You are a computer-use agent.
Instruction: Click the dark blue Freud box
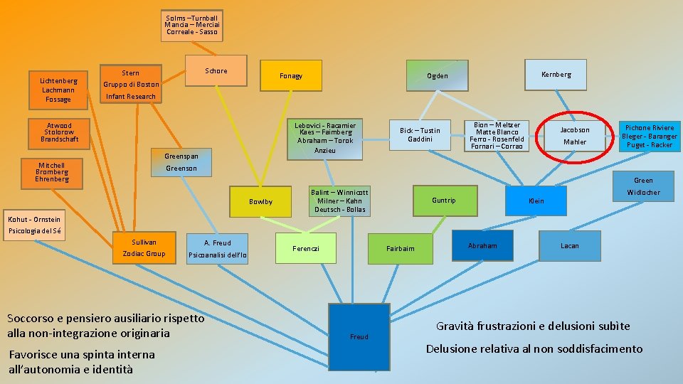pos(359,336)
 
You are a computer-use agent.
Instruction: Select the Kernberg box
pos(555,75)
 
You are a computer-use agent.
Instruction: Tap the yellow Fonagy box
pos(290,75)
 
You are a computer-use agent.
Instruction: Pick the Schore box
pos(216,71)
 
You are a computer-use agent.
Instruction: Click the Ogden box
pos(437,76)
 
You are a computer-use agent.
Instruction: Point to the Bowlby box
pos(260,202)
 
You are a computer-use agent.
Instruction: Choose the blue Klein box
pos(536,201)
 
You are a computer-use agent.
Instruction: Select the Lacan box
pos(569,246)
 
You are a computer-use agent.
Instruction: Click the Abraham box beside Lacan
pos(482,246)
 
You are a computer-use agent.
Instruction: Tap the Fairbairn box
pos(400,248)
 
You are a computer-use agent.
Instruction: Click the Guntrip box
pos(443,201)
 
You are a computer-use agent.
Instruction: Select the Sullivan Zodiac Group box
pos(144,248)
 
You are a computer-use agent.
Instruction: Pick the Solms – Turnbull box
pos(191,25)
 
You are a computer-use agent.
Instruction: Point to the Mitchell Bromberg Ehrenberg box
pos(51,172)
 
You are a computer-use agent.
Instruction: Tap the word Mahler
pos(574,142)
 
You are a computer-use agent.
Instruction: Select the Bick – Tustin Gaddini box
pos(420,134)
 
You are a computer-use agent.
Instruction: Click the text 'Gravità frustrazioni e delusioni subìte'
pos(532,326)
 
